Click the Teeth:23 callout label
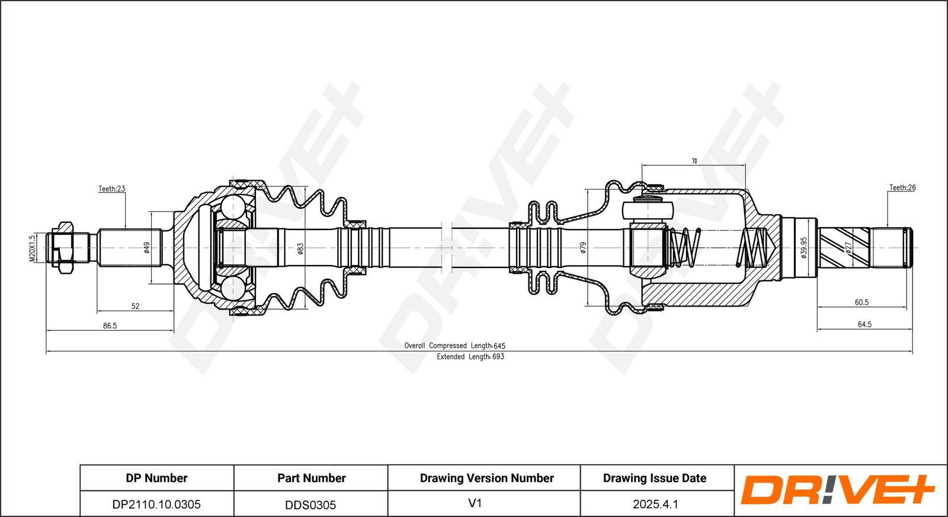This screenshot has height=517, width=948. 111,189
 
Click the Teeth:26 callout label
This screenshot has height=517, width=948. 902,188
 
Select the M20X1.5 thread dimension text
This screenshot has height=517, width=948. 33,248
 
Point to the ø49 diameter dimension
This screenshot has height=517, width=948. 146,248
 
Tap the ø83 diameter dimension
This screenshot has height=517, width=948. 300,248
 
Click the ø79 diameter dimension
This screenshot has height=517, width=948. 583,248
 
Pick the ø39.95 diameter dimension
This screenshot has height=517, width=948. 803,247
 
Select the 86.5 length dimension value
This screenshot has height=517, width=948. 110,325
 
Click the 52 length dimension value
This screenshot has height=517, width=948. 135,306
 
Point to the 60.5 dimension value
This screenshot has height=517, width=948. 861,302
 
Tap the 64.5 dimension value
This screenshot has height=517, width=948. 864,324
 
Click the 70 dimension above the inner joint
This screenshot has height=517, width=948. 694,161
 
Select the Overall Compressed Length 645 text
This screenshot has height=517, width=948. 454,346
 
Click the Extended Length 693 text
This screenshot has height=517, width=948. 470,357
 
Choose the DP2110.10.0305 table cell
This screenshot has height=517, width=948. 156,504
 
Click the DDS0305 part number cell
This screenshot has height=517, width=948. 310,505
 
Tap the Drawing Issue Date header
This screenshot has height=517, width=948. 655,478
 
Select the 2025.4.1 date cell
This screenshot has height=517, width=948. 655,504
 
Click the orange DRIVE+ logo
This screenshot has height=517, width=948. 837,490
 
